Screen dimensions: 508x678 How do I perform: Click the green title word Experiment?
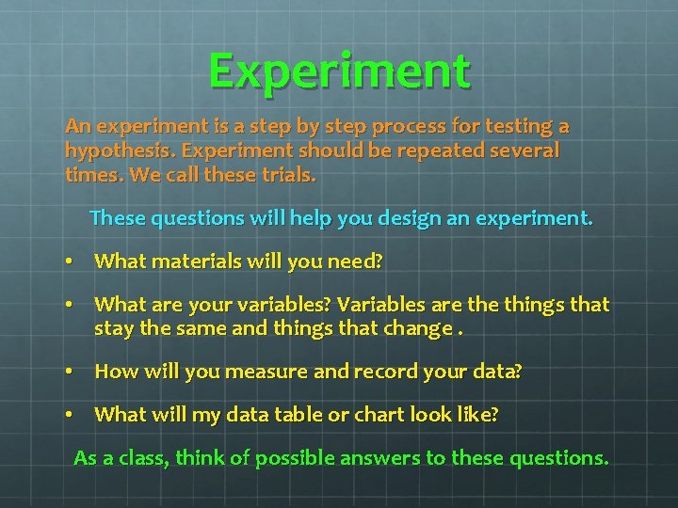tap(339, 71)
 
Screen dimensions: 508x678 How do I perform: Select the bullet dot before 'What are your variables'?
tap(70, 306)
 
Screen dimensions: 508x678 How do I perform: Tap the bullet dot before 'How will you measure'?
tap(70, 373)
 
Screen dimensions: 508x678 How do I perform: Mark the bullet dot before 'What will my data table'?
tap(70, 415)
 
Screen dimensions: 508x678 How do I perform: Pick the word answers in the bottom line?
tap(392, 458)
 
